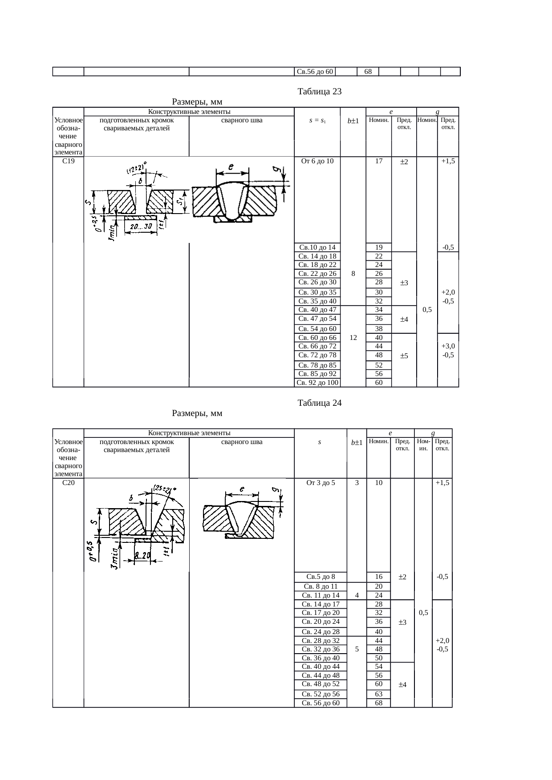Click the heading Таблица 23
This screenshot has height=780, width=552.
(319, 92)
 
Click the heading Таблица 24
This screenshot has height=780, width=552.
(319, 403)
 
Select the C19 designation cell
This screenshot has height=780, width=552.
(68, 161)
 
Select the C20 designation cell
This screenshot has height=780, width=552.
(68, 483)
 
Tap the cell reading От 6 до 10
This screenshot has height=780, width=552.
(317, 161)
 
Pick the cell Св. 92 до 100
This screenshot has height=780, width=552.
(317, 383)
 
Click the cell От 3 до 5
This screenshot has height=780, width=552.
(321, 483)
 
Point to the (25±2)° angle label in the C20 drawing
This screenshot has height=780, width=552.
(164, 489)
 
